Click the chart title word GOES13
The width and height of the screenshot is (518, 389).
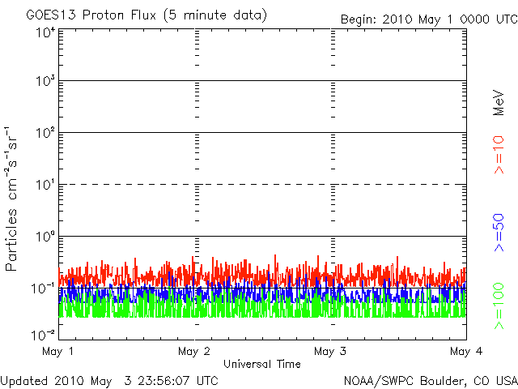pyautogui.click(x=52, y=15)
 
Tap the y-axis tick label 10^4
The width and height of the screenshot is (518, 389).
pyautogui.click(x=45, y=32)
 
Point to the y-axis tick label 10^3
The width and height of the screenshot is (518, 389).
pyautogui.click(x=45, y=80)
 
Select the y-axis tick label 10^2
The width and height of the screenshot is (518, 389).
pyautogui.click(x=45, y=132)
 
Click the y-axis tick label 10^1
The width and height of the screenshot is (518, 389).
pyautogui.click(x=45, y=184)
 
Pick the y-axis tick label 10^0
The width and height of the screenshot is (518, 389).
pyautogui.click(x=45, y=236)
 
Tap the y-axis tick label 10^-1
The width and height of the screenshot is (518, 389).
pyautogui.click(x=43, y=289)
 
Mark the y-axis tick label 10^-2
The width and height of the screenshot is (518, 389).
pyautogui.click(x=43, y=336)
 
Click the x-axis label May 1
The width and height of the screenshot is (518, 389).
pyautogui.click(x=57, y=352)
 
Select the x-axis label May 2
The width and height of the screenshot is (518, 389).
pyautogui.click(x=194, y=352)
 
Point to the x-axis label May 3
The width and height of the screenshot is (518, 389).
pyautogui.click(x=330, y=352)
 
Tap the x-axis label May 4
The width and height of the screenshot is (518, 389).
pyautogui.click(x=466, y=352)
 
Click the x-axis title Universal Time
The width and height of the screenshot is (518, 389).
pyautogui.click(x=262, y=364)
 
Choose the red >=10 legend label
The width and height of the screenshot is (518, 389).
pyautogui.click(x=499, y=155)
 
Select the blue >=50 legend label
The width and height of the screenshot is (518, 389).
pyautogui.click(x=499, y=233)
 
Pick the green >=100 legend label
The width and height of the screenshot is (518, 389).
pyautogui.click(x=499, y=306)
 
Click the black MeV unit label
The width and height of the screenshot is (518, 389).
pyautogui.click(x=499, y=103)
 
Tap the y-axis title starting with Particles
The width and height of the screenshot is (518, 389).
pyautogui.click(x=11, y=199)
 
